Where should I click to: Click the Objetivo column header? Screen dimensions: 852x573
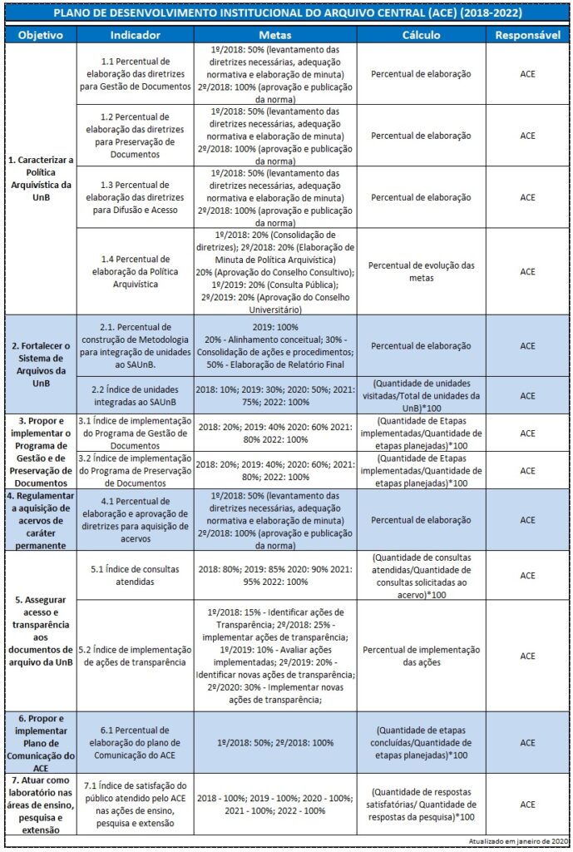click(x=41, y=37)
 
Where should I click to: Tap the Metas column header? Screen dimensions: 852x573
click(x=275, y=37)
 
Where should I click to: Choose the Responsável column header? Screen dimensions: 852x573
click(x=527, y=37)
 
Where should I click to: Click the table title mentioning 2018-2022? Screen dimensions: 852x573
click(x=286, y=15)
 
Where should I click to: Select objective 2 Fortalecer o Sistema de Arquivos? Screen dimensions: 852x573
click(x=41, y=357)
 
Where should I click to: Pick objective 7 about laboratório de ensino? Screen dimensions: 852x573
click(x=41, y=804)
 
